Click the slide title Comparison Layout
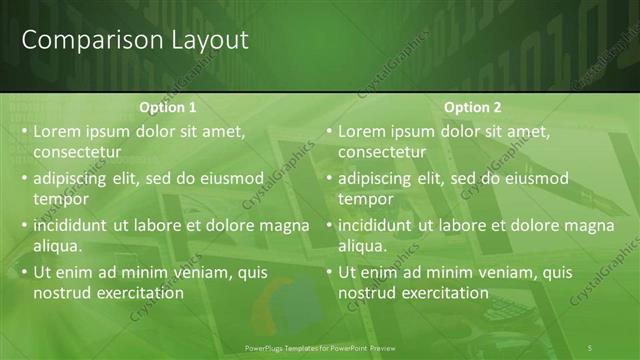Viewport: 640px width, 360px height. (135, 41)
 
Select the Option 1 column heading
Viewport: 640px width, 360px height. (167, 108)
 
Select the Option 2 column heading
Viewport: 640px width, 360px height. (472, 108)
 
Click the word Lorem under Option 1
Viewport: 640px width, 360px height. (58, 131)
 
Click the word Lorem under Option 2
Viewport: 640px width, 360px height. (363, 131)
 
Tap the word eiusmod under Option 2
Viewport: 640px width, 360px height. (535, 179)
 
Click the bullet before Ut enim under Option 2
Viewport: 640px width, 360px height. (329, 273)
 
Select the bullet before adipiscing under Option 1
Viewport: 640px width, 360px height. (24, 179)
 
